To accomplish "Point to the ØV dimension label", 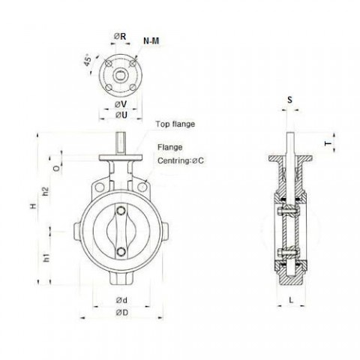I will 121,104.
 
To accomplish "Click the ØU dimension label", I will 121,115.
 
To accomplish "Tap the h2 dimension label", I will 46,192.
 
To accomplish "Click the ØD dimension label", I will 120,311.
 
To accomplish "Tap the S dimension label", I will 289,99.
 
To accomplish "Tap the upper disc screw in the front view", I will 120,211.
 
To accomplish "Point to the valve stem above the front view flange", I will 120,143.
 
